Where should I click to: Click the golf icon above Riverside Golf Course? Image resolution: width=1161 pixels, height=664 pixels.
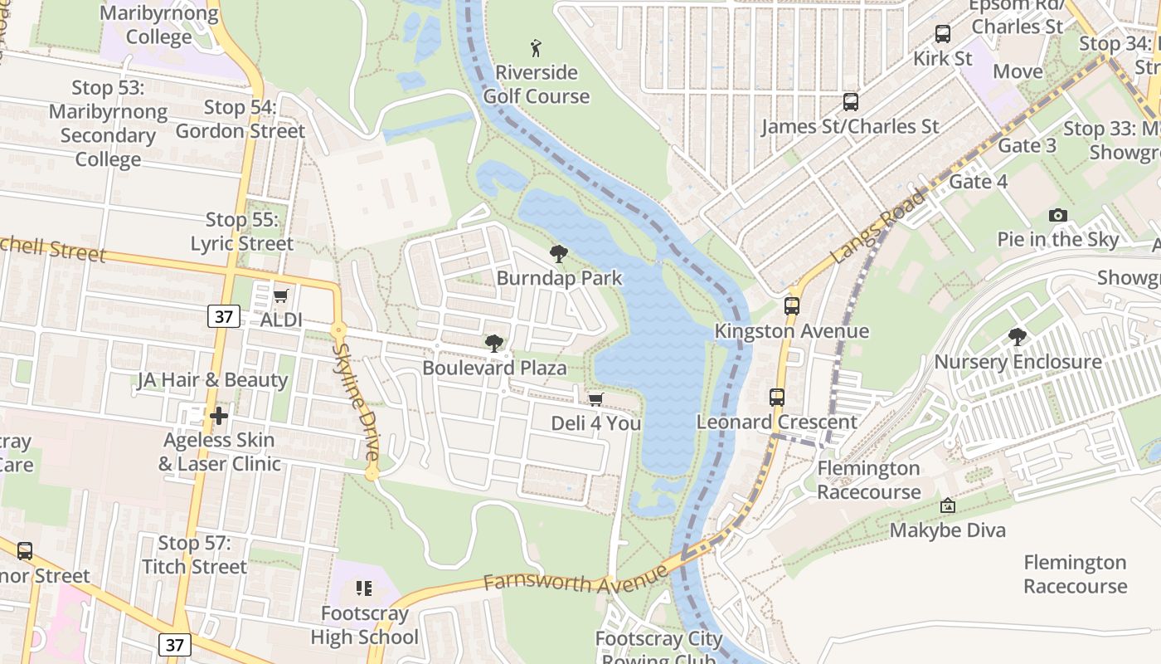(x=537, y=47)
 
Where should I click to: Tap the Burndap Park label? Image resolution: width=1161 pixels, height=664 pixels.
(x=559, y=278)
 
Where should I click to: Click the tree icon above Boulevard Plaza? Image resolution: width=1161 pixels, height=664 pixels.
(x=494, y=343)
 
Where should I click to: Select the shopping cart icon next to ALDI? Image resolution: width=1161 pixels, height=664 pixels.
(x=281, y=296)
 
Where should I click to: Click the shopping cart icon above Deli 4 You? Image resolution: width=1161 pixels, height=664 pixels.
(x=595, y=400)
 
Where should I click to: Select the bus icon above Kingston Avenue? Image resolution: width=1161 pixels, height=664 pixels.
(x=792, y=305)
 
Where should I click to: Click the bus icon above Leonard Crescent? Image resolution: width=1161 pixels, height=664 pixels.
(x=777, y=397)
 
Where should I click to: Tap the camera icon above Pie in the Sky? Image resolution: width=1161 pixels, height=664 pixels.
(x=1057, y=216)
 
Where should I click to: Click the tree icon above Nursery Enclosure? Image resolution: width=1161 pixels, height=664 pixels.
(x=1018, y=337)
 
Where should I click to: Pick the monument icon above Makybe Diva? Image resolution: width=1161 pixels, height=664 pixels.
(x=947, y=505)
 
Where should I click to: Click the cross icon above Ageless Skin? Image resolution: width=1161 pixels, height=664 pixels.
(x=219, y=415)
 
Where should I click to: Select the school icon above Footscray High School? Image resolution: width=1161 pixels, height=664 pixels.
(x=364, y=588)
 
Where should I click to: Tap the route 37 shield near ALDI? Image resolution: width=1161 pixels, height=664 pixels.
(x=224, y=316)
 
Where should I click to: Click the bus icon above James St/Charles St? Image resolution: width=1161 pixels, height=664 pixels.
(x=850, y=102)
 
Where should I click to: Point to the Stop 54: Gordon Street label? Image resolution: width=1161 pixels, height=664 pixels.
(x=240, y=119)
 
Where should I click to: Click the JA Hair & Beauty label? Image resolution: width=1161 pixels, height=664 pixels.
(x=212, y=380)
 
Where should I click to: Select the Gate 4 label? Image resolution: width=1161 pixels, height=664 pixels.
(x=979, y=182)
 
